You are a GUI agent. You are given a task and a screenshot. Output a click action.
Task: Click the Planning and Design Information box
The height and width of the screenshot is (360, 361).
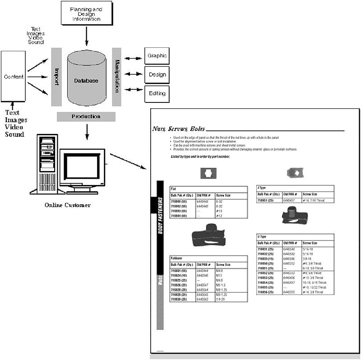[x=86, y=13]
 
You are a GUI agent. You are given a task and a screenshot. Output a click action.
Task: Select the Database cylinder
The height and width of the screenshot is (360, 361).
[x=86, y=79]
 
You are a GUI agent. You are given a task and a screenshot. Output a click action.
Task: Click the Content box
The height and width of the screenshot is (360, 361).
[x=14, y=76]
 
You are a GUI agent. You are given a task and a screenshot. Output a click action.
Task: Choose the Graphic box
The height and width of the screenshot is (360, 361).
[x=157, y=56]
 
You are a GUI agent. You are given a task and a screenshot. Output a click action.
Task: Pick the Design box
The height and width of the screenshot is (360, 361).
[x=157, y=75]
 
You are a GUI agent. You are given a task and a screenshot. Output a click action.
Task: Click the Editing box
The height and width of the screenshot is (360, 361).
[x=157, y=94]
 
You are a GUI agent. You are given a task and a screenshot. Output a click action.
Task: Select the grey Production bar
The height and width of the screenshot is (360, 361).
[x=86, y=116]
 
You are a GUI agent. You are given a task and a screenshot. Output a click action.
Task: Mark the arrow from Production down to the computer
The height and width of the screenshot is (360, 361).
[x=86, y=131]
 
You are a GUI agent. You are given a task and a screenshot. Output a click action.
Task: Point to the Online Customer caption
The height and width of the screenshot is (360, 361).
[x=68, y=205]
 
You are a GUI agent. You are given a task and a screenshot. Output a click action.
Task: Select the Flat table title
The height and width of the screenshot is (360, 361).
[x=174, y=189]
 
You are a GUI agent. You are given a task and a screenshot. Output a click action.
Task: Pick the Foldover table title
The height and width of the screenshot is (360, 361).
[x=176, y=258]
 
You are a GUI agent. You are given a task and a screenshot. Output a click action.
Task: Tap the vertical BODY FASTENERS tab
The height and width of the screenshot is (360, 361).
[x=160, y=215]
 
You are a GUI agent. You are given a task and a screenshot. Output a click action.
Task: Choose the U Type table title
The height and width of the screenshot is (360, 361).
[x=262, y=236]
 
